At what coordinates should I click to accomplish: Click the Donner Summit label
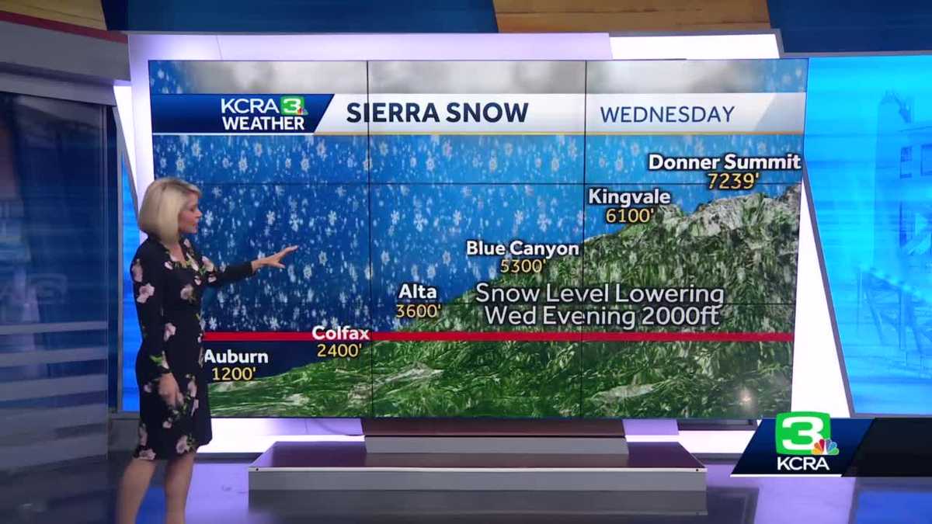724,162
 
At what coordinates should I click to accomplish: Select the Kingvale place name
629,196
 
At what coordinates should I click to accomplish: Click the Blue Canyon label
522,248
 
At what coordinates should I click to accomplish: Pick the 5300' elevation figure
523,266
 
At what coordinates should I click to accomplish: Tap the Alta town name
418,293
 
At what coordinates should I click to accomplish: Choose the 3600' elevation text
418,311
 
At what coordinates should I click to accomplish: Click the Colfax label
340,333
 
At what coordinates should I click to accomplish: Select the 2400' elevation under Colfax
339,351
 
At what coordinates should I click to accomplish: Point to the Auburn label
235,357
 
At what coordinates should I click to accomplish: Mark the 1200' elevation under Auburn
233,374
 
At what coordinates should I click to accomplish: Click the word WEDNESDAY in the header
667,115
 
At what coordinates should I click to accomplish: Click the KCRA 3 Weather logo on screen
263,113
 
